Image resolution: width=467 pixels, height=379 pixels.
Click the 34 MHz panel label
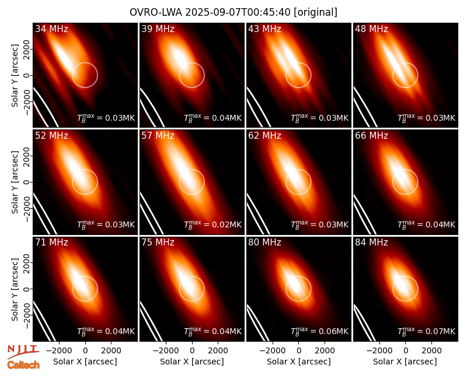(51, 29)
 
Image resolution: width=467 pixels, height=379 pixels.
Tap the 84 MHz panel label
(371, 243)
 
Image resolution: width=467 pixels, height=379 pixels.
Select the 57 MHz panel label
(158, 136)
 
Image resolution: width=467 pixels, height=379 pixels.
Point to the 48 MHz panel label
(371, 29)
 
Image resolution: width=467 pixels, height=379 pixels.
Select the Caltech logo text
(23, 365)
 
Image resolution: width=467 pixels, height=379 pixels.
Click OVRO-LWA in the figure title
(156, 12)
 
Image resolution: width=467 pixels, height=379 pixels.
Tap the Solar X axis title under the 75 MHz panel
(192, 362)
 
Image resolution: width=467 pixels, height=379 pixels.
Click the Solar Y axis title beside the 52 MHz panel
(15, 182)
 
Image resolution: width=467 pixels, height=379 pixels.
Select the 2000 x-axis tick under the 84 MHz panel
(431, 350)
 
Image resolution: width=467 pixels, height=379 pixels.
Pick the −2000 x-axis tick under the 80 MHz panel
(273, 350)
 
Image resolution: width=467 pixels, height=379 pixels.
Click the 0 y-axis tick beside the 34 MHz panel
(27, 75)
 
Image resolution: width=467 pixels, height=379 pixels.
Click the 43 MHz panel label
(264, 29)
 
